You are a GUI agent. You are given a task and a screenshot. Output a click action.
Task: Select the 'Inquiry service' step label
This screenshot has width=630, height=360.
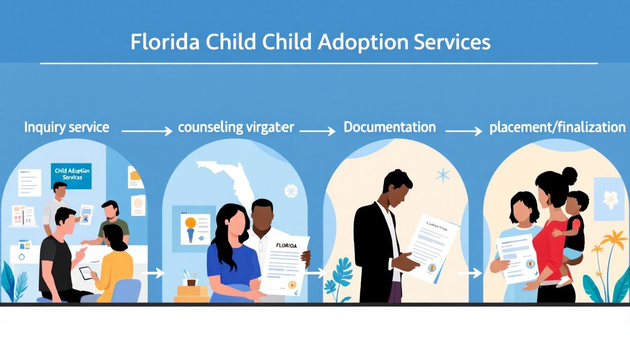[x=67, y=127]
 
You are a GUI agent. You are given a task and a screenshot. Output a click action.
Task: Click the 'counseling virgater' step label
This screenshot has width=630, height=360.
[x=236, y=127]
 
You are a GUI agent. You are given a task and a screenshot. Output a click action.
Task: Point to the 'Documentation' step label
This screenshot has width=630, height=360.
[x=390, y=127]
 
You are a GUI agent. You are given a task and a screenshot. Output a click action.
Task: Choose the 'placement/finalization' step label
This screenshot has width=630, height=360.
[x=557, y=127]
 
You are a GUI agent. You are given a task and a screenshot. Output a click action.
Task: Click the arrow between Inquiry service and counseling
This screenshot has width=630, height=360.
[x=147, y=131]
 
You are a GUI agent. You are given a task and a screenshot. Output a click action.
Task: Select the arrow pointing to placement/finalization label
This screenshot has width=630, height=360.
[x=463, y=131]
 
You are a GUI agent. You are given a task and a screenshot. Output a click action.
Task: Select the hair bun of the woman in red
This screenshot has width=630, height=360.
[x=569, y=176]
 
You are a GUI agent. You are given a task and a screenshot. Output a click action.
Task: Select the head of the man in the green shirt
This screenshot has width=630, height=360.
[x=111, y=210]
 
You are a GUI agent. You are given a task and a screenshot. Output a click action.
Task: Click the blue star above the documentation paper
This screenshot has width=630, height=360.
[x=442, y=175]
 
